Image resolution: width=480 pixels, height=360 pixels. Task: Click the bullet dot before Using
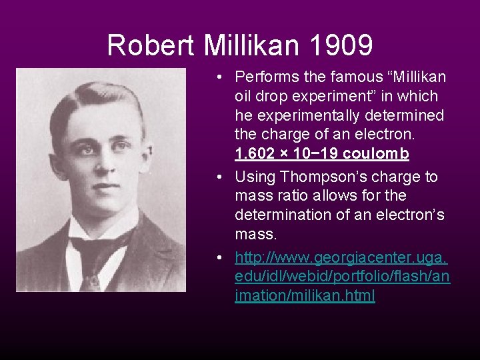point(219,177)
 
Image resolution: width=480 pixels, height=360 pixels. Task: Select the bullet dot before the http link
point(219,257)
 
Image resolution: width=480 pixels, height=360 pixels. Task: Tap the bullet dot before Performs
point(219,77)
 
